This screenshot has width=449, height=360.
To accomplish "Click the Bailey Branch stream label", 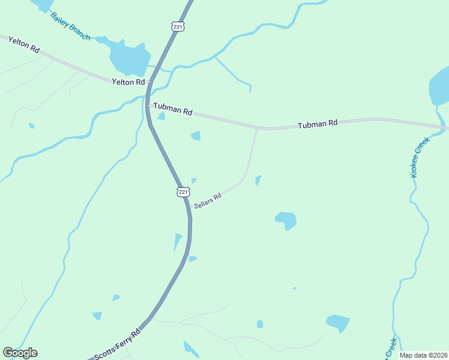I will coord(70,26).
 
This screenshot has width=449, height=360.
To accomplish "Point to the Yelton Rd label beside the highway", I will coord(128,82).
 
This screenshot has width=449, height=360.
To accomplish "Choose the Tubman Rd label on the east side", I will coord(318,124).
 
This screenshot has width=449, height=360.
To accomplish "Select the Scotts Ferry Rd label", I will coord(116,344).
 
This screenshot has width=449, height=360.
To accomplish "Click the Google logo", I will coord(20,353).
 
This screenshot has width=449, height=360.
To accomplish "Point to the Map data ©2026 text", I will coord(423,355).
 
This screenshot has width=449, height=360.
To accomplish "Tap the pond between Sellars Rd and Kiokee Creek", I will coord(286,220).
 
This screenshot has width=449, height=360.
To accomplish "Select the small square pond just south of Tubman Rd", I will coord(196,136).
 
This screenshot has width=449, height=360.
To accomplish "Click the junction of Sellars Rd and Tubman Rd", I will coord(258,128).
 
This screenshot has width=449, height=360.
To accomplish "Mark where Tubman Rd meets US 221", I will coord(148,105).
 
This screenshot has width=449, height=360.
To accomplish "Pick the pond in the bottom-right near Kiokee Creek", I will coord(338,323).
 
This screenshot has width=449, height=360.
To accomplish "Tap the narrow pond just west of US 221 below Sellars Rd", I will coord(178,241).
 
